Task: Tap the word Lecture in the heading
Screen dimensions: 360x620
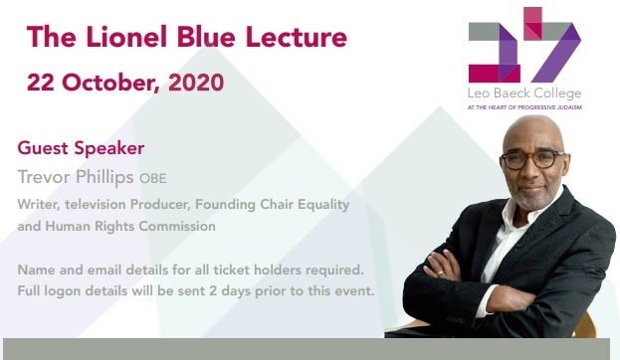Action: coord(298,38)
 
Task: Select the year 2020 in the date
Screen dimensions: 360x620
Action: coord(197,82)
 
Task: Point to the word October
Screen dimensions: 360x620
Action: coord(103,82)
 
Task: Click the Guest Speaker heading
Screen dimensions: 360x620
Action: coord(81,148)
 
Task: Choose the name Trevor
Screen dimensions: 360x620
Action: coord(47,177)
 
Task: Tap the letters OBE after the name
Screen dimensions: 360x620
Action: coord(152,179)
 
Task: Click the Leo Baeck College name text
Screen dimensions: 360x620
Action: coord(523,91)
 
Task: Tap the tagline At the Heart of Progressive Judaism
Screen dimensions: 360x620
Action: coord(523,105)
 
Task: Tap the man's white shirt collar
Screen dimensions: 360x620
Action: coord(516,215)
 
